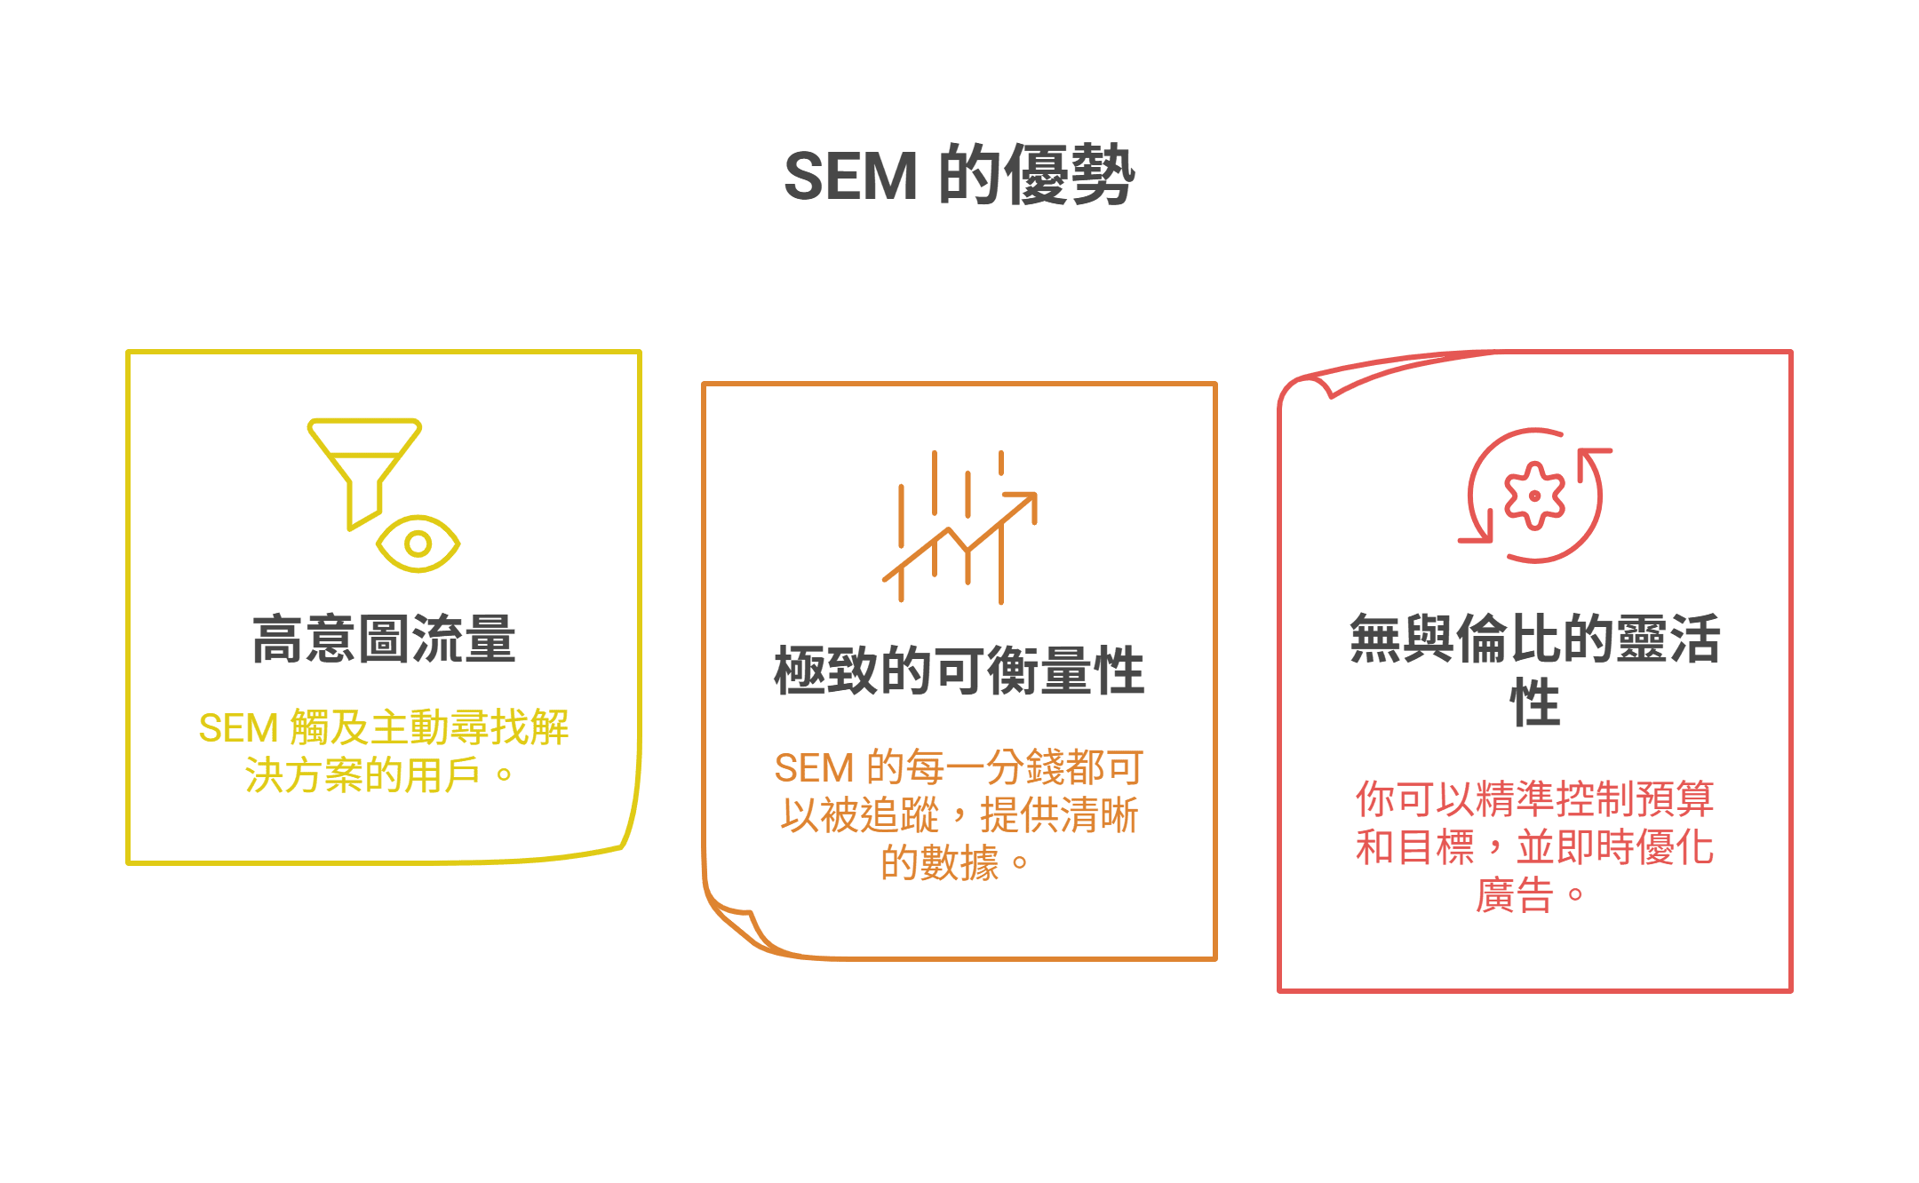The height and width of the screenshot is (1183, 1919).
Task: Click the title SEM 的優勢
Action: (959, 175)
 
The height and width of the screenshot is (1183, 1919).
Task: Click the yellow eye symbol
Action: (418, 543)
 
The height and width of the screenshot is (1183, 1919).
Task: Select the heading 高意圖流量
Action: (384, 639)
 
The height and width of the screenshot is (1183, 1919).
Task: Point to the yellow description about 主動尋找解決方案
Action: (384, 751)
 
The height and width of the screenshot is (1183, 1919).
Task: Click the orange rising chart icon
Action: (959, 528)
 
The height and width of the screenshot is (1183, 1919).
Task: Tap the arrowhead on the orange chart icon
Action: (1027, 503)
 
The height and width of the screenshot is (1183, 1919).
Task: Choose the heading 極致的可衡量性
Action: (959, 671)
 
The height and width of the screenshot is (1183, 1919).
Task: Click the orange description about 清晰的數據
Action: (959, 815)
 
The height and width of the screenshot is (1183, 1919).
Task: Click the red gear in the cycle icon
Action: (1534, 496)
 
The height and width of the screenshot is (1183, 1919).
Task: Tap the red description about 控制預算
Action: (1534, 846)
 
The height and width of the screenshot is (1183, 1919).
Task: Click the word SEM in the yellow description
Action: (238, 728)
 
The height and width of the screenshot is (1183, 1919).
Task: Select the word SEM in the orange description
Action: (814, 768)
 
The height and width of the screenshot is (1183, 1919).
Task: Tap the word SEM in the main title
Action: (850, 176)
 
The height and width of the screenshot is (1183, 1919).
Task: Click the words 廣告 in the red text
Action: (1515, 894)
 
